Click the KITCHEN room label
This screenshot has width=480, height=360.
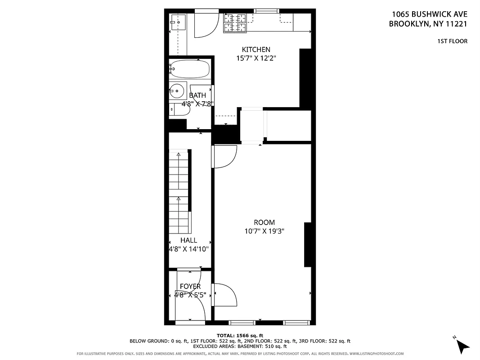pyautogui.click(x=256, y=49)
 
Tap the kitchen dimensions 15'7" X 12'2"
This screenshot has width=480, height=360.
pyautogui.click(x=256, y=58)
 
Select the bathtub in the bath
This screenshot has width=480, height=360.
pyautogui.click(x=189, y=69)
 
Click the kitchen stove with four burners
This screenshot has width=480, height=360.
pyautogui.click(x=235, y=23)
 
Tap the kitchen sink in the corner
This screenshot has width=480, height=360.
pyautogui.click(x=178, y=21)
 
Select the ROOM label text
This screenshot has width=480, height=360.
pyautogui.click(x=264, y=222)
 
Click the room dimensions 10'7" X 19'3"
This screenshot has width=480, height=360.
pyautogui.click(x=264, y=231)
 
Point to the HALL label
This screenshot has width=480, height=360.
pyautogui.click(x=188, y=240)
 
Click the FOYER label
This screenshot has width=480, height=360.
pyautogui.click(x=190, y=287)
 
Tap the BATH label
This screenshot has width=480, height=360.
pyautogui.click(x=197, y=95)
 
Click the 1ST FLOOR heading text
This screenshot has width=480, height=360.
pyautogui.click(x=452, y=41)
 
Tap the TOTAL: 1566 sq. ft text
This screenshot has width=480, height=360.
pyautogui.click(x=240, y=335)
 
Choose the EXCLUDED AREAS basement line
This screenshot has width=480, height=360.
pyautogui.click(x=240, y=346)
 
